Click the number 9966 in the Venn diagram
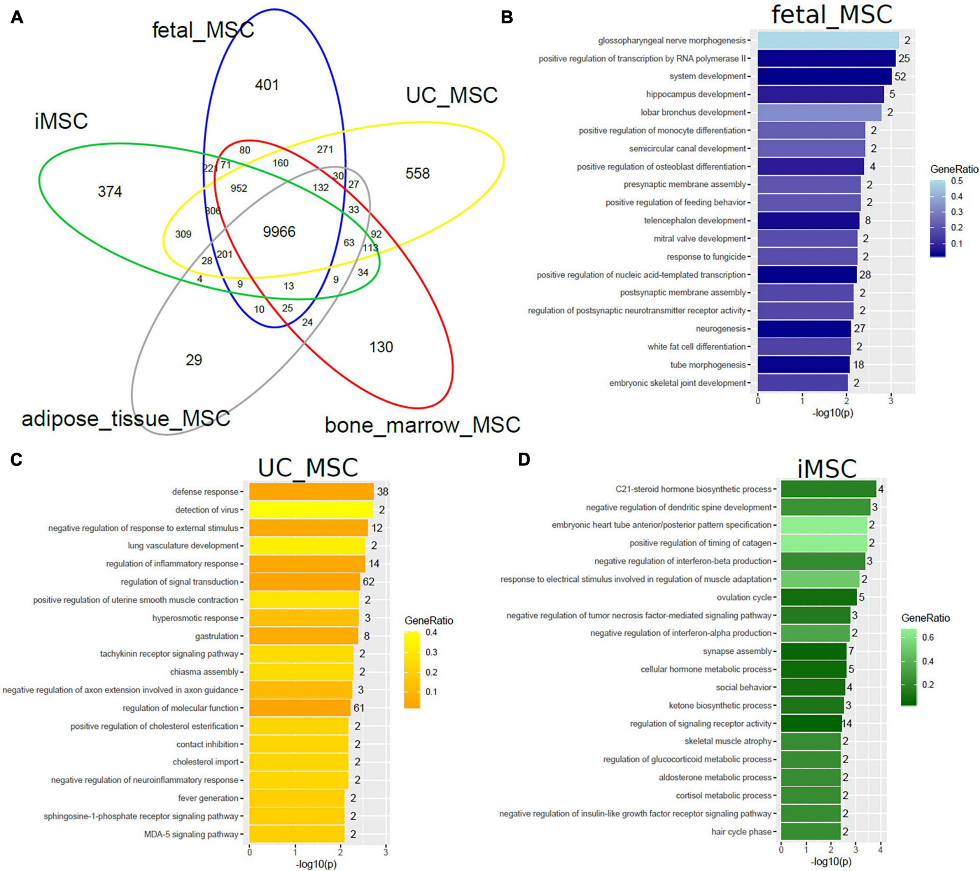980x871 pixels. click(x=279, y=232)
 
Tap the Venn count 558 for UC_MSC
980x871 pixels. click(x=417, y=174)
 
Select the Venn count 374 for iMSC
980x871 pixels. click(x=110, y=192)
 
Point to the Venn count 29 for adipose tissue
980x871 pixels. click(x=194, y=360)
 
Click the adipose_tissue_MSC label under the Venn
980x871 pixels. click(x=126, y=418)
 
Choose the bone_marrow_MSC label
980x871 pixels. click(x=422, y=425)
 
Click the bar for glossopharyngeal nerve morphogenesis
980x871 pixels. click(x=827, y=40)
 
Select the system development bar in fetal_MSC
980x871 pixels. click(x=824, y=76)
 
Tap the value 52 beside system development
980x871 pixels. click(x=900, y=77)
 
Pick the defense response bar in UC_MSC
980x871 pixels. click(x=311, y=492)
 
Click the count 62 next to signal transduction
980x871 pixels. click(x=369, y=582)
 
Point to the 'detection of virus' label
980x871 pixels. click(x=207, y=510)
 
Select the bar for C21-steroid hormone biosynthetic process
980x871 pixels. click(x=828, y=489)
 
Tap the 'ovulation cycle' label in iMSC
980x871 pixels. click(x=744, y=597)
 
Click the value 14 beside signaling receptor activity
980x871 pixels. click(x=846, y=723)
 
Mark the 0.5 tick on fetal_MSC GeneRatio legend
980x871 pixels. click(x=956, y=181)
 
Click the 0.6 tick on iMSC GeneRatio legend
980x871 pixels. click(x=927, y=638)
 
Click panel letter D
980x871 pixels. click(x=524, y=459)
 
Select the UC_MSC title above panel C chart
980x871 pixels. click(x=308, y=468)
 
